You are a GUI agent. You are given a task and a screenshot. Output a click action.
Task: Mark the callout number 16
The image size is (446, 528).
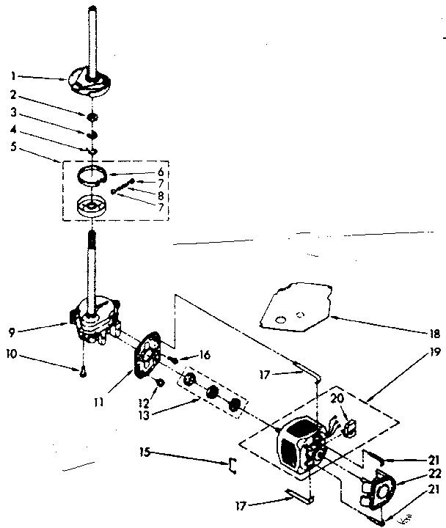click(204, 354)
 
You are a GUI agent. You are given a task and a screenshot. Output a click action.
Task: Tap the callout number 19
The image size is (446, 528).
click(436, 353)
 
